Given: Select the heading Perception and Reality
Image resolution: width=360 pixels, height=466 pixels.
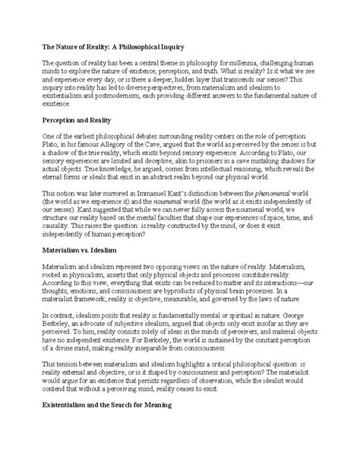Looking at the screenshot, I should tap(74, 122).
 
